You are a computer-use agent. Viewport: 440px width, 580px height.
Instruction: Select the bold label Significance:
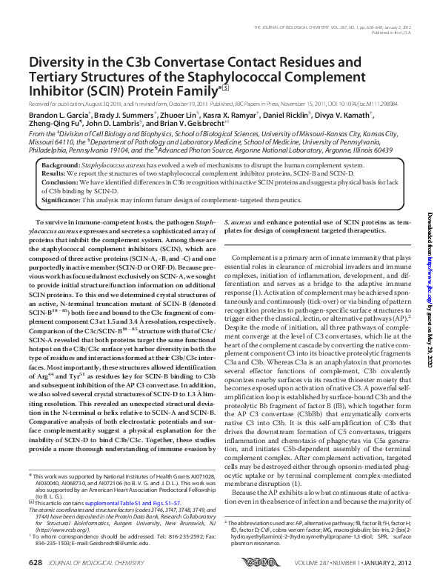[x=62, y=199]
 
